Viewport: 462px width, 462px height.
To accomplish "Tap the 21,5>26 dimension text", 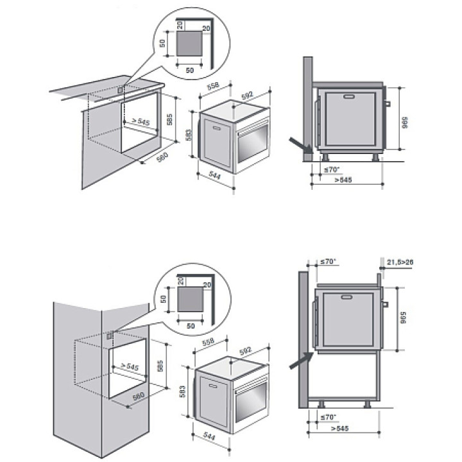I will pos(400,262).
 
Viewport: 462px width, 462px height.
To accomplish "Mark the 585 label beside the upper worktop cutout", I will pos(170,119).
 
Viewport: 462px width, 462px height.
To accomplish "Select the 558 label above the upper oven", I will pos(214,85).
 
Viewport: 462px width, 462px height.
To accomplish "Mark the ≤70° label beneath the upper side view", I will pos(331,169).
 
